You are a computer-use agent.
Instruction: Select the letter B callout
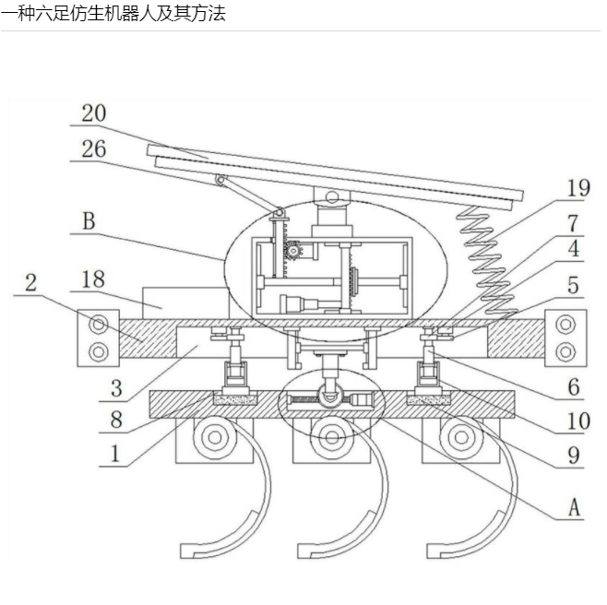89,220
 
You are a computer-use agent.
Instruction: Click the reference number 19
577,188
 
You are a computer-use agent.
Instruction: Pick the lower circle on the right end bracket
565,350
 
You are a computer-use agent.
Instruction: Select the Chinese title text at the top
113,13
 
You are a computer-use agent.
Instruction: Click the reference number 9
573,454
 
